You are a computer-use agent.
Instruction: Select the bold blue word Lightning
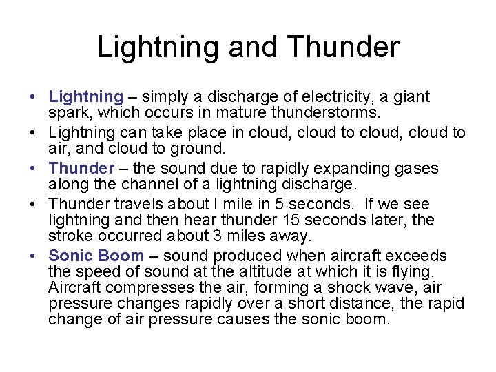86,96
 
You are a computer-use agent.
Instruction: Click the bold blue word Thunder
82,168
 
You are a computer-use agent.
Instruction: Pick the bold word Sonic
70,256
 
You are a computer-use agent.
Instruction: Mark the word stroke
68,236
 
